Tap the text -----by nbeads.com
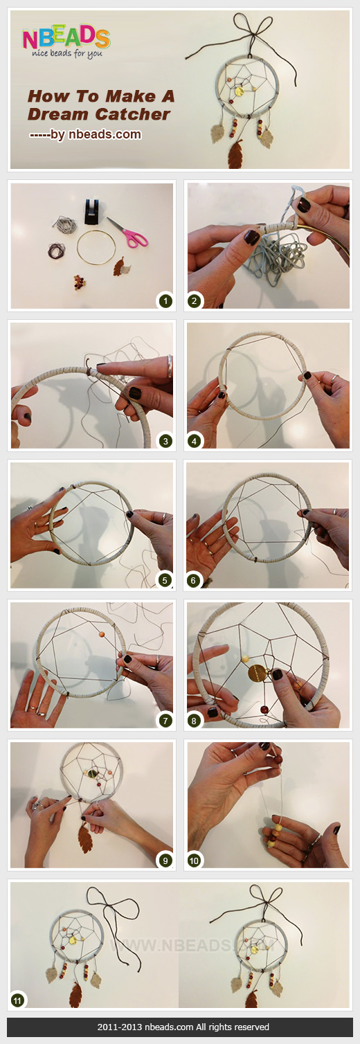85,134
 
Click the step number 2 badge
195,300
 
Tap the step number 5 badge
165,579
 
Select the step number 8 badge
195,721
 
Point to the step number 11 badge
17,999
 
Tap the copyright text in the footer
180,1027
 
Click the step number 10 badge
195,861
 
